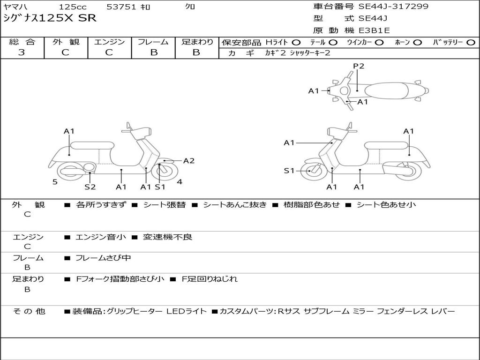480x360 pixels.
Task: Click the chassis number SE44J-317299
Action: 393,7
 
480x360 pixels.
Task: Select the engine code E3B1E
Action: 374,30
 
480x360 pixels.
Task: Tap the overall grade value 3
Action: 22,52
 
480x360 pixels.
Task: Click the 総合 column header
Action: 22,42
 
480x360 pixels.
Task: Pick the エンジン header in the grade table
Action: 109,42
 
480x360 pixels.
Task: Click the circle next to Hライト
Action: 296,43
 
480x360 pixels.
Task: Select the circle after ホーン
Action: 417,43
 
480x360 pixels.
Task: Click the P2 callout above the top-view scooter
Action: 359,66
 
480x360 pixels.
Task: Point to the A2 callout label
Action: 188,161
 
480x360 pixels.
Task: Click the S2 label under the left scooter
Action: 90,187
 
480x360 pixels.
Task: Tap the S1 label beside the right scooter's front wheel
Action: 289,171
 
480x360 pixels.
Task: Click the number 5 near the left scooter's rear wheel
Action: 55,182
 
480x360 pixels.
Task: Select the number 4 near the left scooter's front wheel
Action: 180,182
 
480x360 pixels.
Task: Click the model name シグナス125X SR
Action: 50,18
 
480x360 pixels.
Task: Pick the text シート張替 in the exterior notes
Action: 164,205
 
